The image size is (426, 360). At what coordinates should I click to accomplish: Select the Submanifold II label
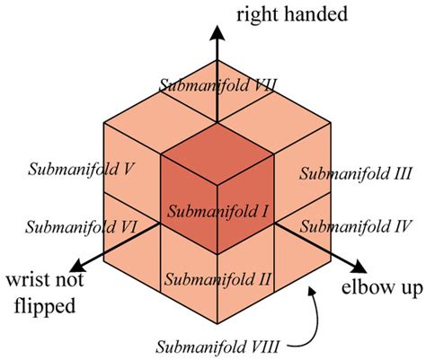[215, 278]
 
